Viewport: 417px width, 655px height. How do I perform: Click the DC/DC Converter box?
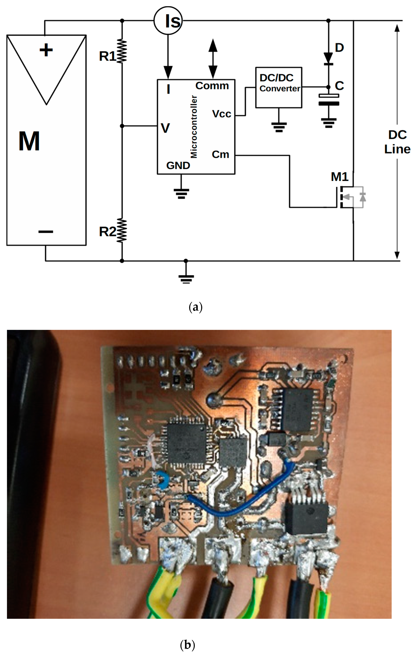[x=278, y=87]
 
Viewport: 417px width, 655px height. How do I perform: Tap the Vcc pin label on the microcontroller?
[x=221, y=114]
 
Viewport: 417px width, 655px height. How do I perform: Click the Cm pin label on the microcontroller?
[x=220, y=155]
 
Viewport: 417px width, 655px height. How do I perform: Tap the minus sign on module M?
[x=46, y=232]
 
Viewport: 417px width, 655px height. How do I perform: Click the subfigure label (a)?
[x=195, y=307]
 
